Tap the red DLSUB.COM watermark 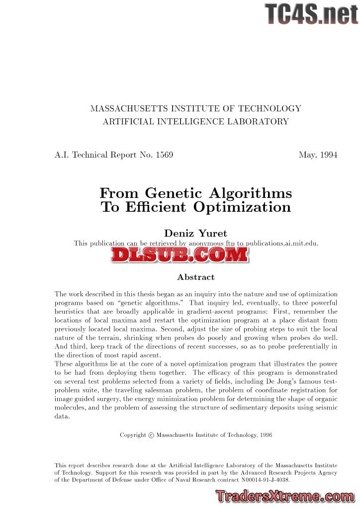(x=180, y=254)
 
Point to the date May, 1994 (x=318, y=155)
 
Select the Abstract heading (x=195, y=277)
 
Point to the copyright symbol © (x=151, y=435)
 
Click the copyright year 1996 (x=265, y=435)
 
